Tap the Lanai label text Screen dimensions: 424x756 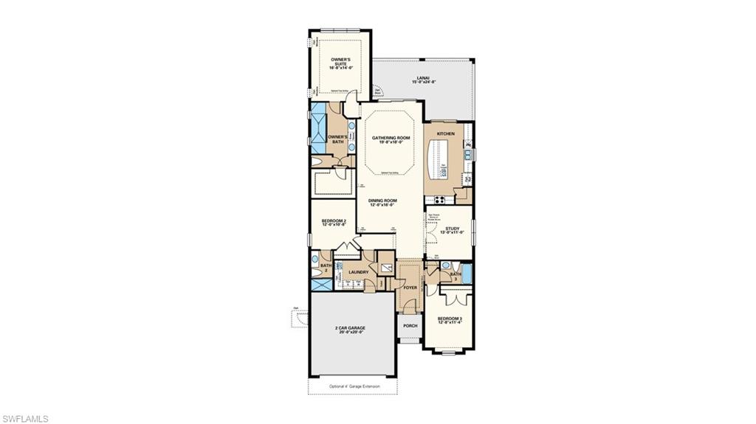point(422,78)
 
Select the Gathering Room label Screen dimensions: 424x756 point(390,140)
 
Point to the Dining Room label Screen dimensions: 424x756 point(383,202)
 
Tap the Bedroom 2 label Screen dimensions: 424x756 point(334,222)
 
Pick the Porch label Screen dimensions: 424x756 point(410,325)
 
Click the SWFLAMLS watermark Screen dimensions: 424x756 point(25,418)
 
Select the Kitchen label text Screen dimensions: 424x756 point(446,133)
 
